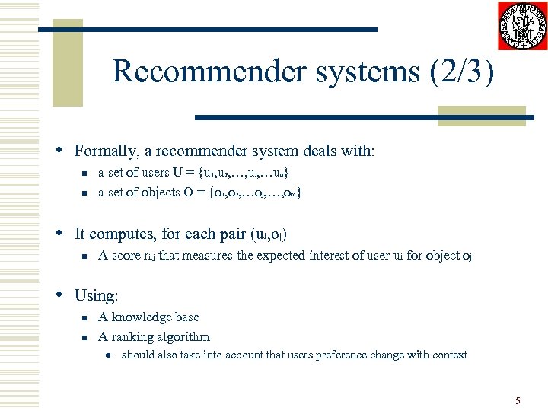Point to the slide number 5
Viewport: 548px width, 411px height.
click(518, 400)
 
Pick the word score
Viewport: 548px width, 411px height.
click(126, 256)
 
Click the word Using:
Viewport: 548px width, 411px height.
click(97, 295)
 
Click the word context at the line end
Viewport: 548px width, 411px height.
click(449, 355)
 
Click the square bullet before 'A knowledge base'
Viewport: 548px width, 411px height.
click(86, 317)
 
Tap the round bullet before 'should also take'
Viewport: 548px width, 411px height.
click(110, 355)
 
